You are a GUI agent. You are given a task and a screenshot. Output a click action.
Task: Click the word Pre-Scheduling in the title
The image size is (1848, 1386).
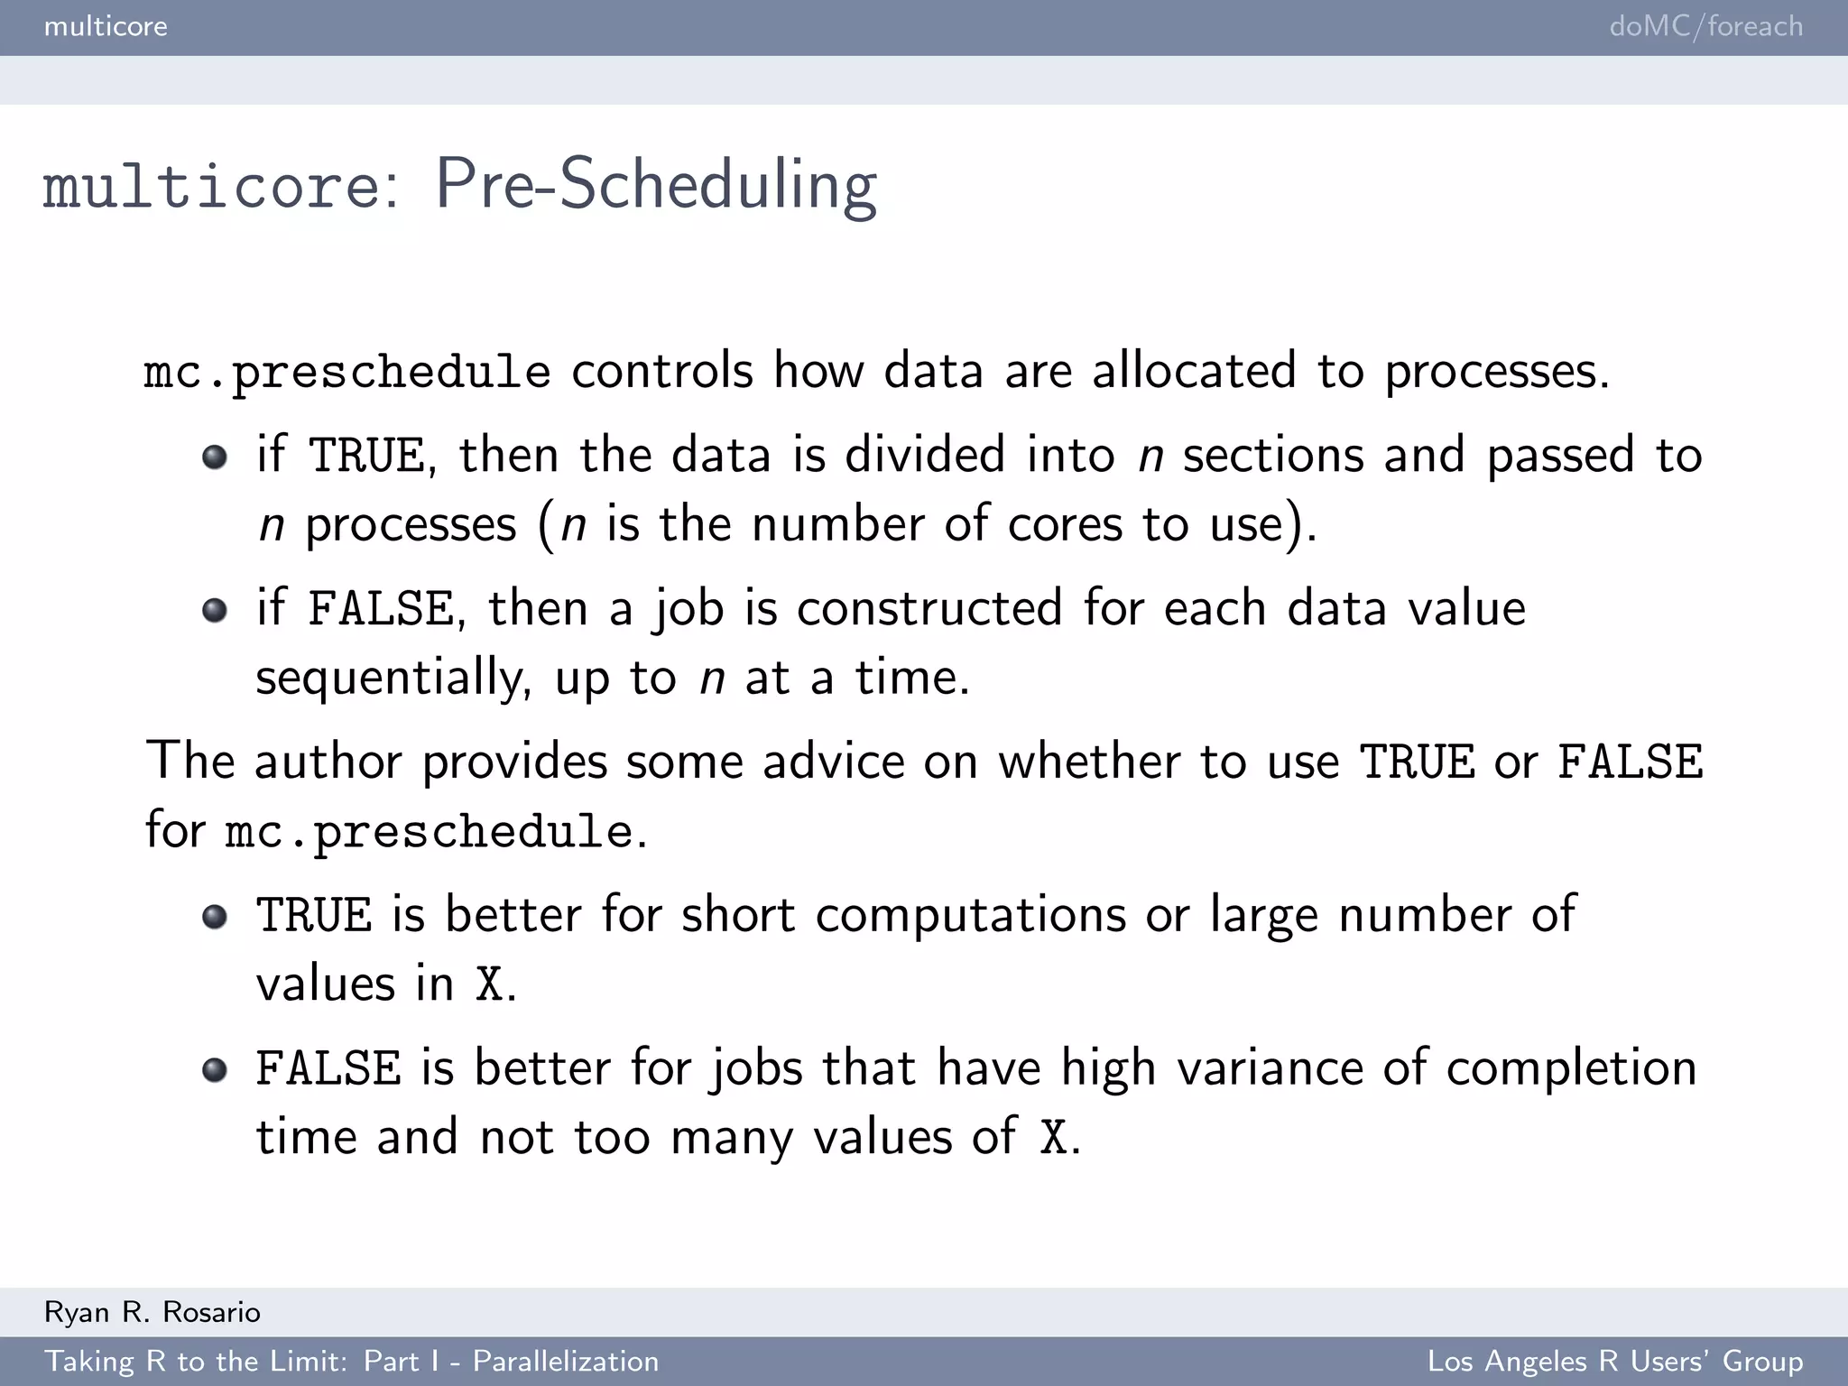[656, 186]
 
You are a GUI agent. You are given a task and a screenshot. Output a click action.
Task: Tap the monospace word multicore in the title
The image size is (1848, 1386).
[212, 186]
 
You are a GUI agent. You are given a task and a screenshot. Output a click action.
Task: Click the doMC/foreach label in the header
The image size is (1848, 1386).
[1705, 26]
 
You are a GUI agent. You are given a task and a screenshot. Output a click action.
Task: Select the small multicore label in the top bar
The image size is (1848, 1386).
[106, 26]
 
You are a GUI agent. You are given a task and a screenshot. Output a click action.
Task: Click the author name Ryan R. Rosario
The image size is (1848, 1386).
[152, 1312]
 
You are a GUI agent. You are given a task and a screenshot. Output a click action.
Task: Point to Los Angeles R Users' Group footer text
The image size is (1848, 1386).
[1615, 1361]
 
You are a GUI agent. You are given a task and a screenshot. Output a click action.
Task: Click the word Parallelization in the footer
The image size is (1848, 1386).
[566, 1361]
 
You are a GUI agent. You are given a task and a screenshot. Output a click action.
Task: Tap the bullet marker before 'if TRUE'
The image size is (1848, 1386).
[215, 457]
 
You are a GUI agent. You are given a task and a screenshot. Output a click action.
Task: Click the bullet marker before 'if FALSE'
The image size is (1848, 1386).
[215, 610]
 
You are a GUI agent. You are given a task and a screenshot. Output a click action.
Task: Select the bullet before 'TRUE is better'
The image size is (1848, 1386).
[215, 917]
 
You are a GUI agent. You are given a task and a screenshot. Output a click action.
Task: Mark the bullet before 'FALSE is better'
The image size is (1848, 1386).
[215, 1070]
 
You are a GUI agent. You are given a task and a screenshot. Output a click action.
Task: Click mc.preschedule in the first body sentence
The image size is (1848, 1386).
[347, 372]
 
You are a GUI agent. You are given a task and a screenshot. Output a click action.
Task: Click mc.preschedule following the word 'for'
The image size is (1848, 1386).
[429, 831]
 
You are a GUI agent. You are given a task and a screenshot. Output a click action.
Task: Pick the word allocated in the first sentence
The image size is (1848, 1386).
[1194, 371]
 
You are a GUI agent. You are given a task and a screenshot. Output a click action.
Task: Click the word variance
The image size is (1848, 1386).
[1270, 1068]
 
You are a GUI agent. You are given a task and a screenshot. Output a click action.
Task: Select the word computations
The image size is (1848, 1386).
[971, 915]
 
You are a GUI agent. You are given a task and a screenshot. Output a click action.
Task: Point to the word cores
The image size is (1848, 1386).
[1065, 524]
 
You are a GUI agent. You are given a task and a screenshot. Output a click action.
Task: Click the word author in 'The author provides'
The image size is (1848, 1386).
[328, 761]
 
